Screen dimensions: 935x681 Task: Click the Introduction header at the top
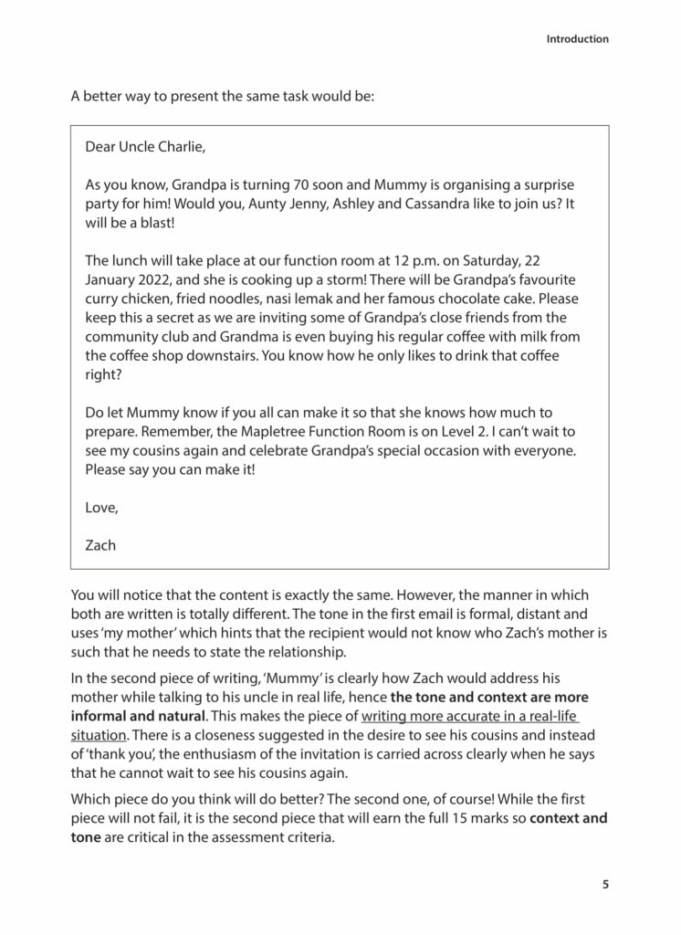[x=577, y=39]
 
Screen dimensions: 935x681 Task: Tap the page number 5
[x=605, y=885]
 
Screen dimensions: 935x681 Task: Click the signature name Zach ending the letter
[x=100, y=545]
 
